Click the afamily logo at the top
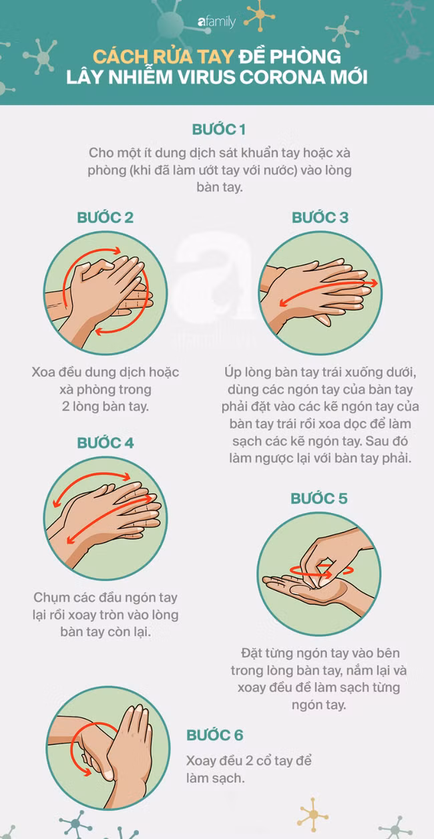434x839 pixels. tap(216, 22)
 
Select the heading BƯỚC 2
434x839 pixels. tap(105, 217)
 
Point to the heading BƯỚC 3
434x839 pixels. tap(320, 217)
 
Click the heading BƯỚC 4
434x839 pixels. tap(105, 443)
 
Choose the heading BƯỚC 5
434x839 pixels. tap(319, 499)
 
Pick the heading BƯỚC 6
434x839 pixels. tap(214, 735)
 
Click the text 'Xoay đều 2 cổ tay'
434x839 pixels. tap(248, 762)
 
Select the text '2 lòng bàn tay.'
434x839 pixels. tap(105, 405)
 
